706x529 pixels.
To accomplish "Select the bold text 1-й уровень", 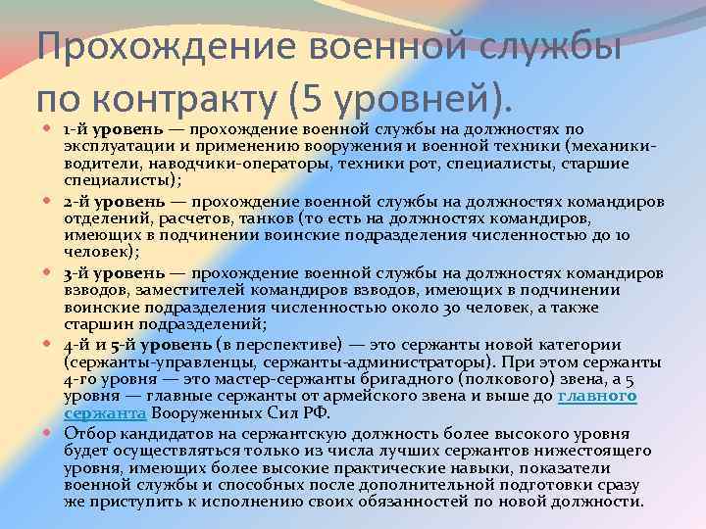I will [107, 128].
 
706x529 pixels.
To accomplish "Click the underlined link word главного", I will [597, 395].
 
